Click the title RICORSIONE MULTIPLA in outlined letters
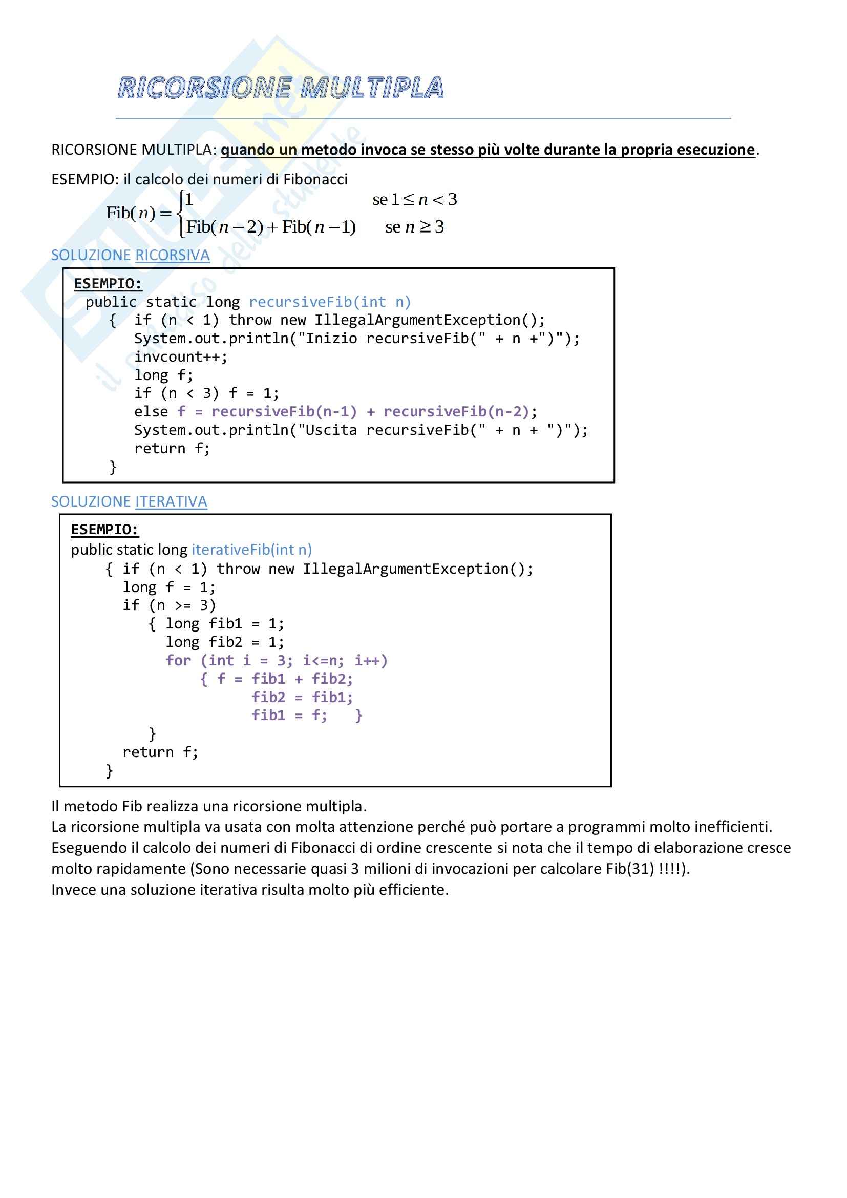coord(281,88)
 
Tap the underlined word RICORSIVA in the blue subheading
coord(172,255)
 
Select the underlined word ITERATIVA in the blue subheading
coord(171,501)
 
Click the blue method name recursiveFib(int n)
coord(330,302)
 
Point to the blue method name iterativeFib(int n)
coord(252,550)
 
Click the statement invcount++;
coord(181,357)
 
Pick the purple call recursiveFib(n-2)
coord(456,412)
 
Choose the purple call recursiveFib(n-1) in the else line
coord(284,412)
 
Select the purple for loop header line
coord(277,661)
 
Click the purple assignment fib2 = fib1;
coord(302,697)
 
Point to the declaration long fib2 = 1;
coord(225,642)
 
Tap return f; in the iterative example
coord(160,752)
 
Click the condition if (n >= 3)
coord(169,605)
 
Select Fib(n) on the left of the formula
coord(131,213)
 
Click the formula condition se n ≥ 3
coord(415,227)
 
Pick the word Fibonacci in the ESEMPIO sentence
coord(315,179)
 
